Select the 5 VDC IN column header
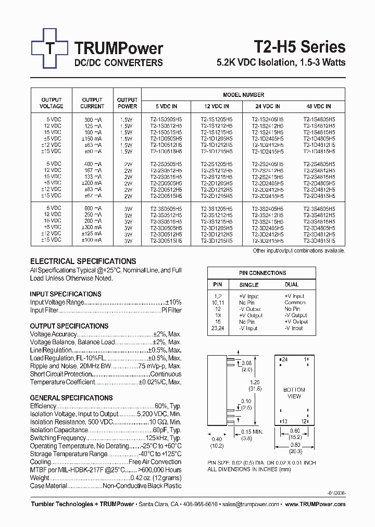tap(166, 106)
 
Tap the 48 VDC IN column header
tap(319, 106)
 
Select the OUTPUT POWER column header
tap(127, 103)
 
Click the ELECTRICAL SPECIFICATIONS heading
tap(83, 261)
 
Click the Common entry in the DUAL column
tap(295, 303)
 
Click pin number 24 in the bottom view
tap(284, 360)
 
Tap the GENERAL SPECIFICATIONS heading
tap(71, 398)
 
